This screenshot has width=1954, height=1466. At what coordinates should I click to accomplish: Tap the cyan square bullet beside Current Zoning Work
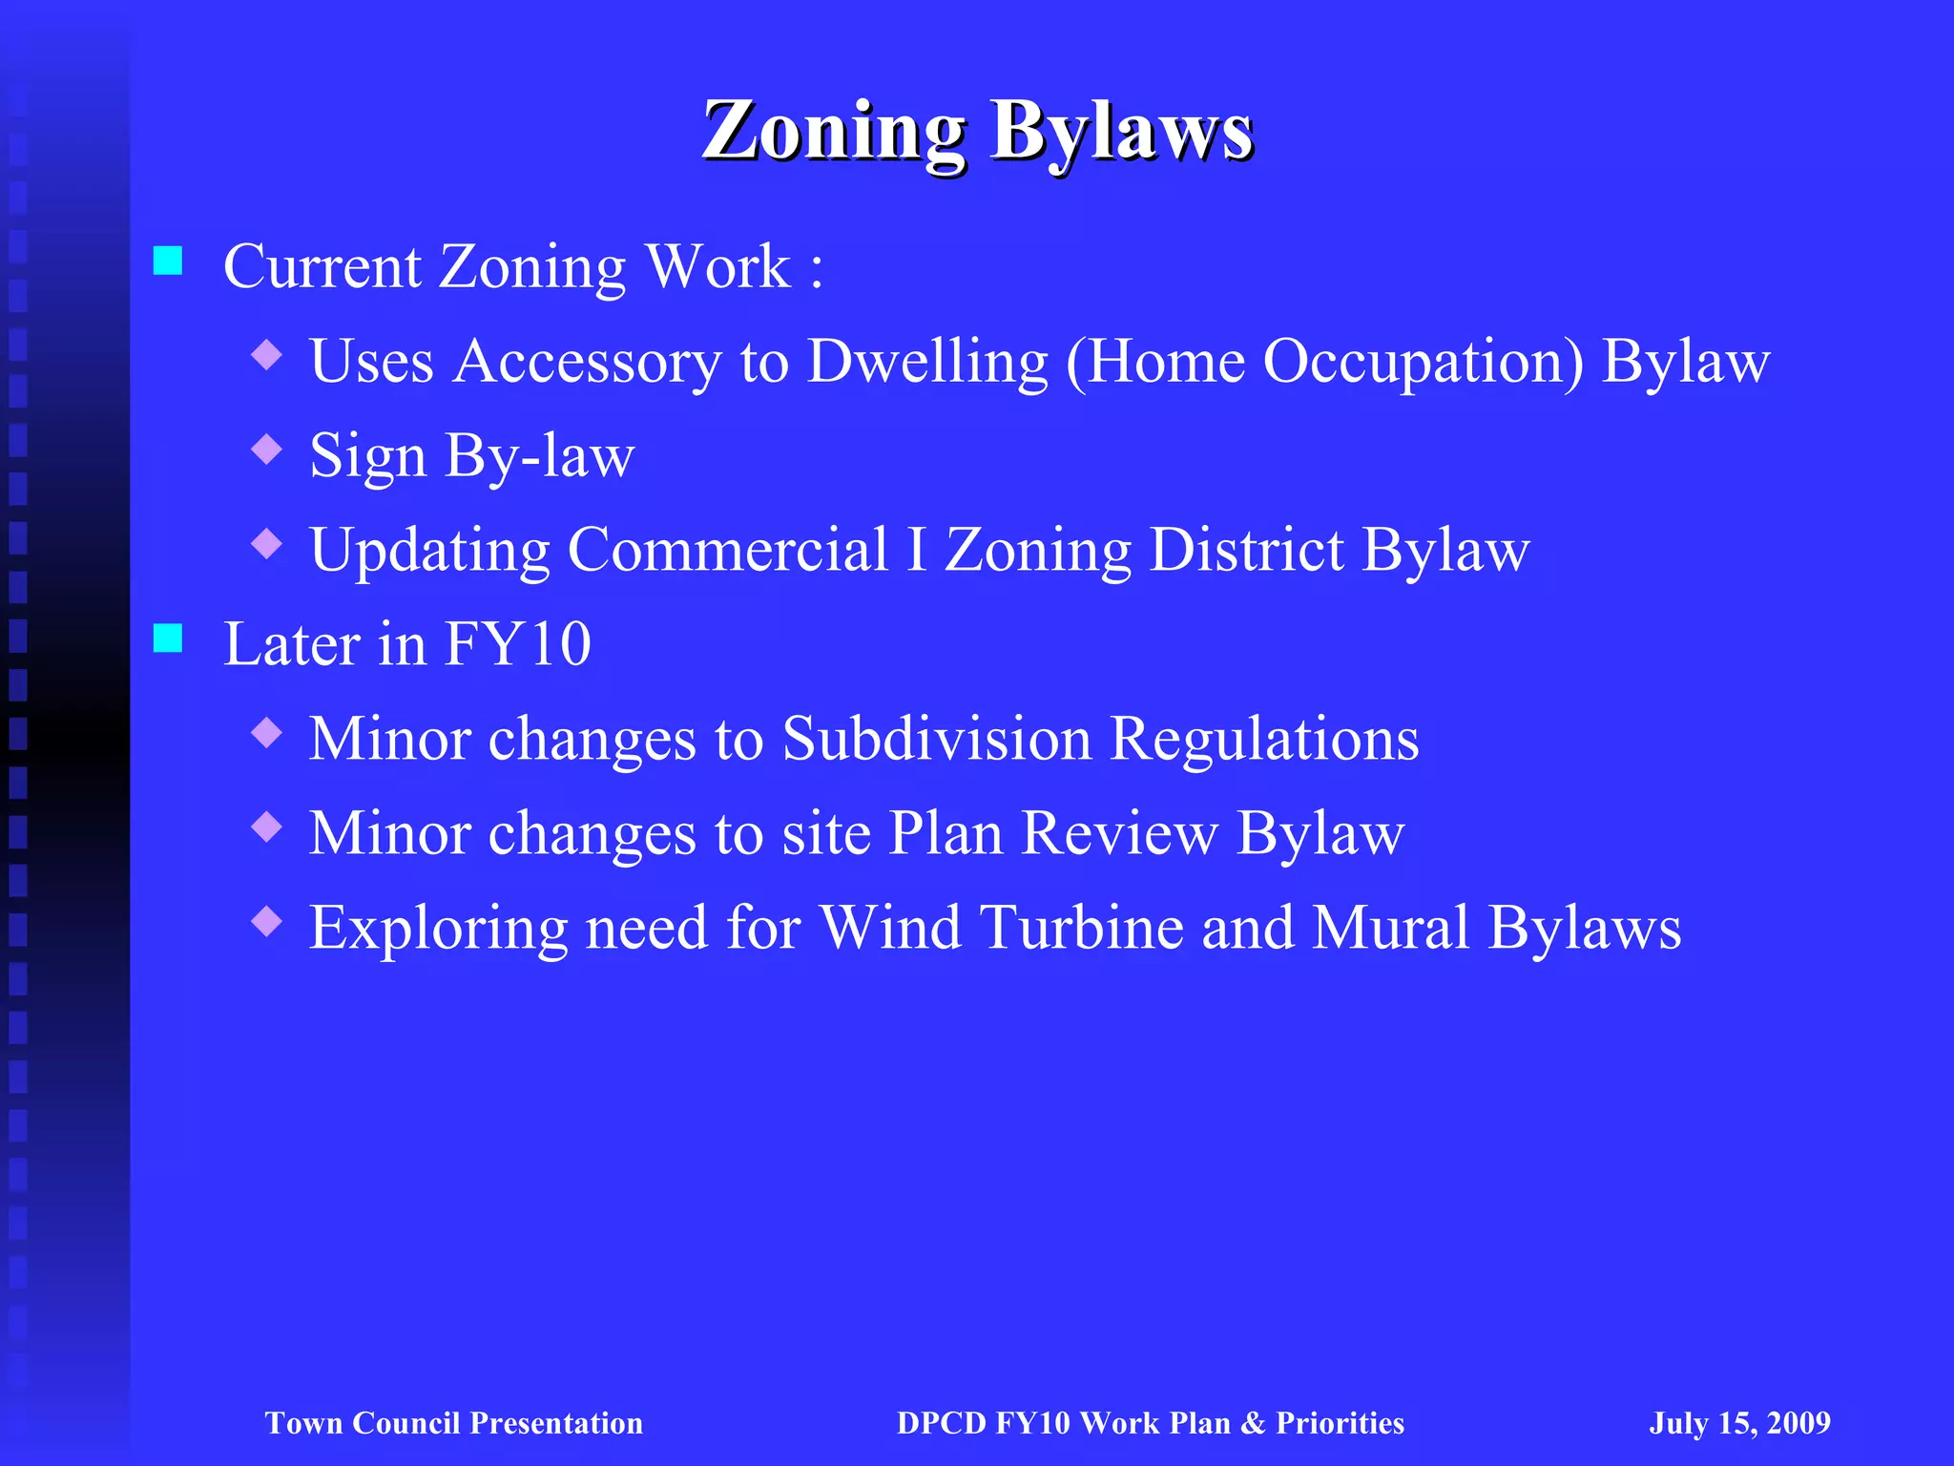click(168, 261)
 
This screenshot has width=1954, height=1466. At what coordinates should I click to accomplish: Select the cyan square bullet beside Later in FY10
click(168, 639)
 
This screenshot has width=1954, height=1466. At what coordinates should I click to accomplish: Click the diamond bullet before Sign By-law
click(267, 449)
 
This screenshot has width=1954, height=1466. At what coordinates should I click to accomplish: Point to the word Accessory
click(586, 362)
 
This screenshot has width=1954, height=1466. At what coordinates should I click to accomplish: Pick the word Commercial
click(728, 551)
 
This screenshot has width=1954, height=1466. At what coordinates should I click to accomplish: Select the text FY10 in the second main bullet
click(518, 644)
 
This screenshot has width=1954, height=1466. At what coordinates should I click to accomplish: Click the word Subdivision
click(937, 739)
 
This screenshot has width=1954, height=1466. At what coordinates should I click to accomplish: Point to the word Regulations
click(1265, 739)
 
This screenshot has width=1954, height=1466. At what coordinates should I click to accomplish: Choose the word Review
click(1119, 833)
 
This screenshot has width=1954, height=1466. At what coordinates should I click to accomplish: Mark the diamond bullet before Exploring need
click(267, 921)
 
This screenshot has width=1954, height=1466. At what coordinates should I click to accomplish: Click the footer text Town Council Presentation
click(454, 1423)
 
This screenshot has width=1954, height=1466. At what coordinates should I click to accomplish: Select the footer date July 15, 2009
click(1739, 1423)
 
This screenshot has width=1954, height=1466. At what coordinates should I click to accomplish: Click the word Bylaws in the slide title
click(1121, 132)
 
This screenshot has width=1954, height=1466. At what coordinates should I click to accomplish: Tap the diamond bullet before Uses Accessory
click(267, 355)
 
